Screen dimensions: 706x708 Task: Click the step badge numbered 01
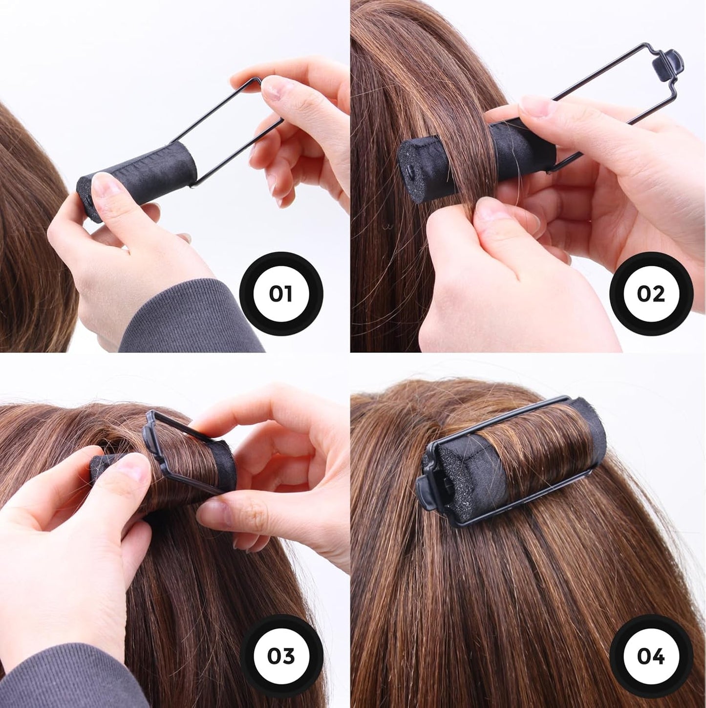(x=281, y=294)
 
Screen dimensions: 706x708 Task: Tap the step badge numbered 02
(x=650, y=294)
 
